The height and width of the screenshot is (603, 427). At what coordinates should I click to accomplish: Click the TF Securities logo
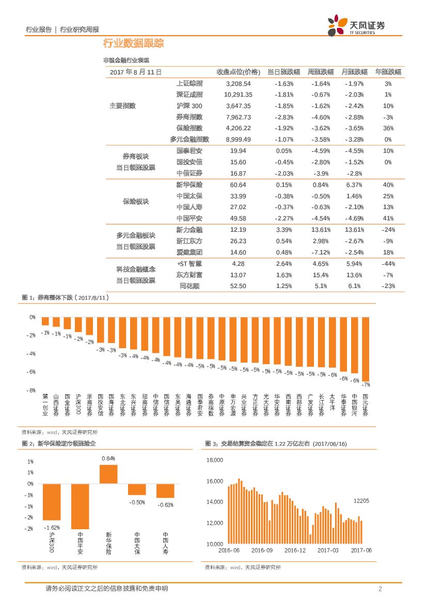356,26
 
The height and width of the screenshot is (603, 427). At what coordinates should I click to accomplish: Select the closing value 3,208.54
238,84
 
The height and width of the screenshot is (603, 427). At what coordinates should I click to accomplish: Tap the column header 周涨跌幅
321,72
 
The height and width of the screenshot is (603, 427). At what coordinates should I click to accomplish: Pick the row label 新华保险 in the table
189,185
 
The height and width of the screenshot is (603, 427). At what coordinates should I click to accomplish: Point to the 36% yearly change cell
388,128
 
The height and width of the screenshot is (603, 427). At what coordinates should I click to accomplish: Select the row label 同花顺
189,286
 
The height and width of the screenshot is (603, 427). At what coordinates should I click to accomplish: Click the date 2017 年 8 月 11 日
136,72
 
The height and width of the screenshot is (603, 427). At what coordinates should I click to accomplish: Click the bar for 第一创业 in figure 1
45,321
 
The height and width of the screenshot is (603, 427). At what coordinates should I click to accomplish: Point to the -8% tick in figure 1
31,390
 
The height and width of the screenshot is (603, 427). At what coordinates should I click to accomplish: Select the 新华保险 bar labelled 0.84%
108,474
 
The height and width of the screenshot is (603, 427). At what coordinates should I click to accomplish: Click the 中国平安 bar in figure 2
80,506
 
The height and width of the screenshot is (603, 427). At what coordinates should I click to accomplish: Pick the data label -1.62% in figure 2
52,527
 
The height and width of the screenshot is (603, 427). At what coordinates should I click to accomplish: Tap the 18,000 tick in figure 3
214,460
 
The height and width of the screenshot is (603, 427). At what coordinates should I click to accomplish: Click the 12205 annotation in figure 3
361,501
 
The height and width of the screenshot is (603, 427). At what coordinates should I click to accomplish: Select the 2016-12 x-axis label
295,551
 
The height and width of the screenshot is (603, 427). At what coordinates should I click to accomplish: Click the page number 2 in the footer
380,589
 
